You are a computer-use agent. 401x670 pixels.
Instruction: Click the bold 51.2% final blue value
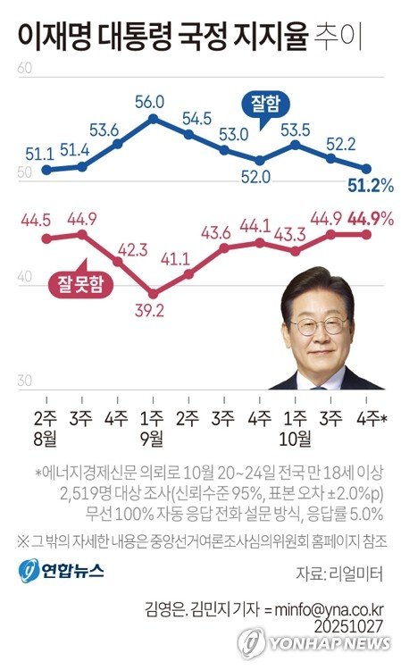(x=369, y=185)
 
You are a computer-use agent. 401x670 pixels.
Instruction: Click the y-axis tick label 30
(x=25, y=381)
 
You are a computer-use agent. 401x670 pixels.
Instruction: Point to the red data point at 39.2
(x=153, y=293)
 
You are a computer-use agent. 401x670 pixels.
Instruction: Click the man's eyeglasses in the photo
(x=318, y=325)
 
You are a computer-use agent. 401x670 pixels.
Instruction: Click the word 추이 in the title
(x=338, y=37)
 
